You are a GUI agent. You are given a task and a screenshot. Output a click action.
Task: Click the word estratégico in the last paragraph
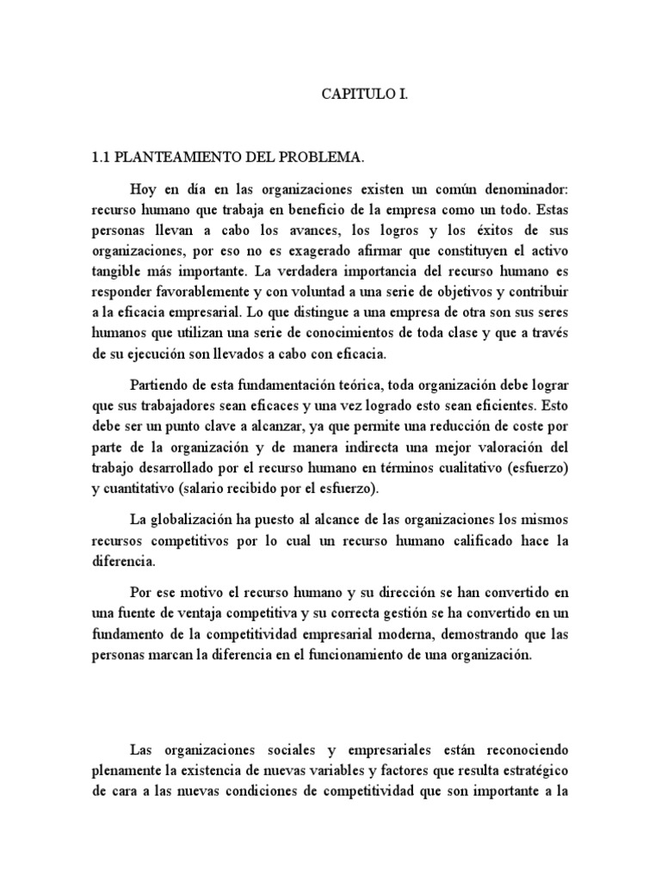point(531,768)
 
